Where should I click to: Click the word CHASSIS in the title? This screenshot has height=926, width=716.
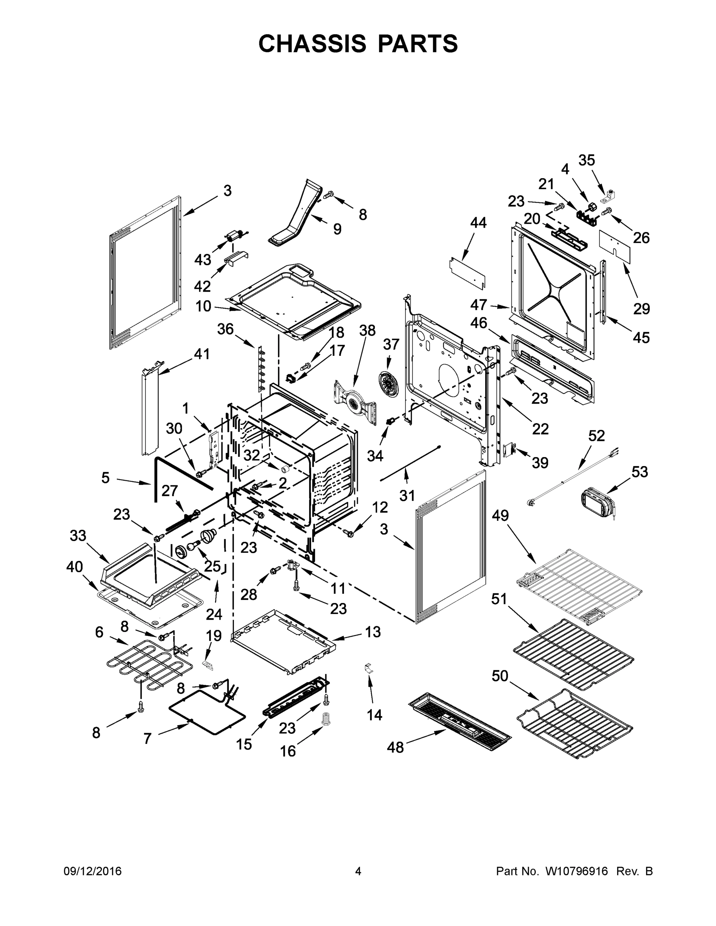(312, 44)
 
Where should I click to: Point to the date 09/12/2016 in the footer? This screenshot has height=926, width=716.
(93, 871)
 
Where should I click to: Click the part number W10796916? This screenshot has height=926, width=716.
(576, 871)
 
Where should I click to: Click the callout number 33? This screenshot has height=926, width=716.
(78, 536)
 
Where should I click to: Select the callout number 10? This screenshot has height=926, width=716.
(203, 306)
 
